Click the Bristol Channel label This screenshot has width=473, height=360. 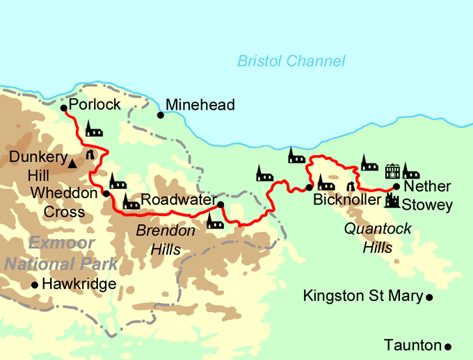291,61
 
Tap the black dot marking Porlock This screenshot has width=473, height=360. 63,108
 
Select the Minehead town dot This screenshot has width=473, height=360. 160,115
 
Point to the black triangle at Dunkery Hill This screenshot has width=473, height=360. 72,164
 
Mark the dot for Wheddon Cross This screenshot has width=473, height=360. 106,194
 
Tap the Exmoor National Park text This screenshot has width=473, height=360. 61,254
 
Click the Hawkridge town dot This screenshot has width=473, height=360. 34,285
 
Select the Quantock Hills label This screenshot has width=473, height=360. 378,237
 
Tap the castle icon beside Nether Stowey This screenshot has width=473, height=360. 393,201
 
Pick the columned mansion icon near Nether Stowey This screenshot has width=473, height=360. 392,170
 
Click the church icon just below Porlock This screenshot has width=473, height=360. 94,129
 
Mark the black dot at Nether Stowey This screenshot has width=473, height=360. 396,186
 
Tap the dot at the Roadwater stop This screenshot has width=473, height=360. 221,204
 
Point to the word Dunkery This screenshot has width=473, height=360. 38,158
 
